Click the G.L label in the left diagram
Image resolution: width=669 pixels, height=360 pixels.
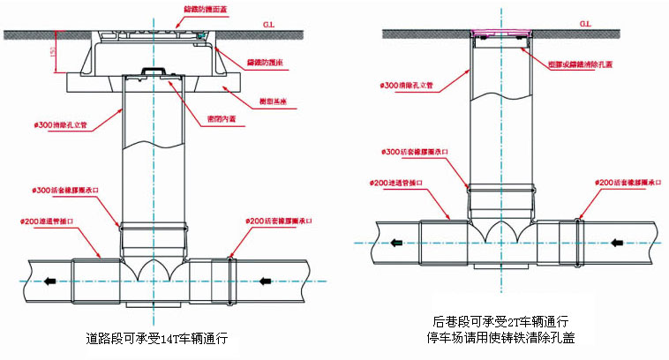tap(266, 25)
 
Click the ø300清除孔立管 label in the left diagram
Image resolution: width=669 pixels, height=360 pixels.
tap(59, 125)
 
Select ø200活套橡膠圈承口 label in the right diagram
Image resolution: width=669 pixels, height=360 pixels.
tap(628, 182)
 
